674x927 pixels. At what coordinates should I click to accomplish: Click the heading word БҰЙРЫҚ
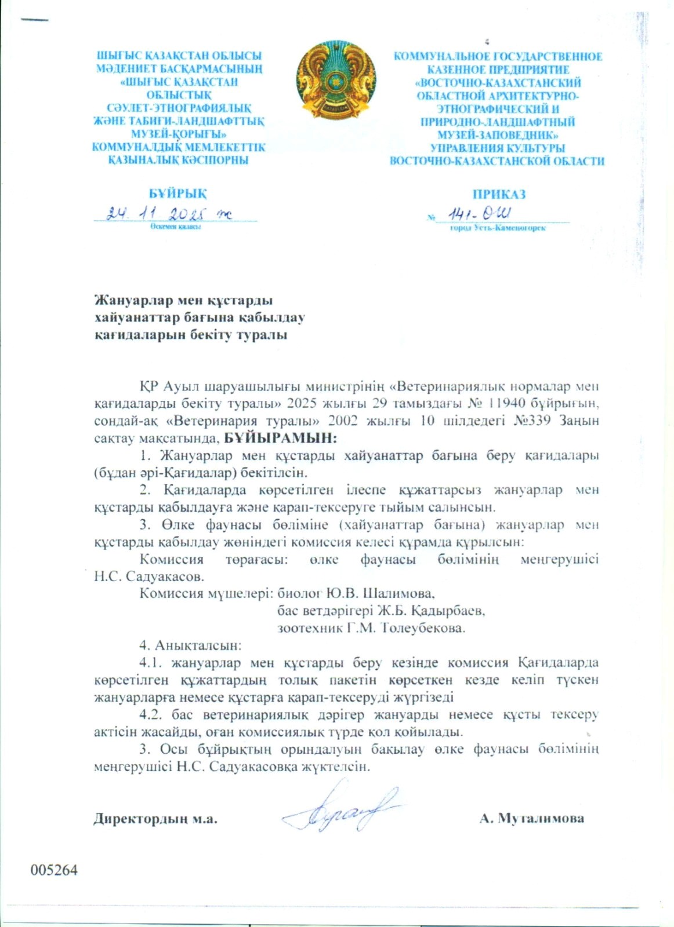[x=177, y=194]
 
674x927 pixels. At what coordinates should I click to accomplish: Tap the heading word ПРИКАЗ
[x=498, y=194]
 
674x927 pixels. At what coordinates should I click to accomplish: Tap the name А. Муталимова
[x=531, y=819]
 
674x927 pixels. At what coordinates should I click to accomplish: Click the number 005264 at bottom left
[x=55, y=870]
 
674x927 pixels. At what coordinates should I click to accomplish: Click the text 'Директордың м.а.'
[x=155, y=819]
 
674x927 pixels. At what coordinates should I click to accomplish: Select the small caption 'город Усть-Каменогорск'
[x=498, y=228]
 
